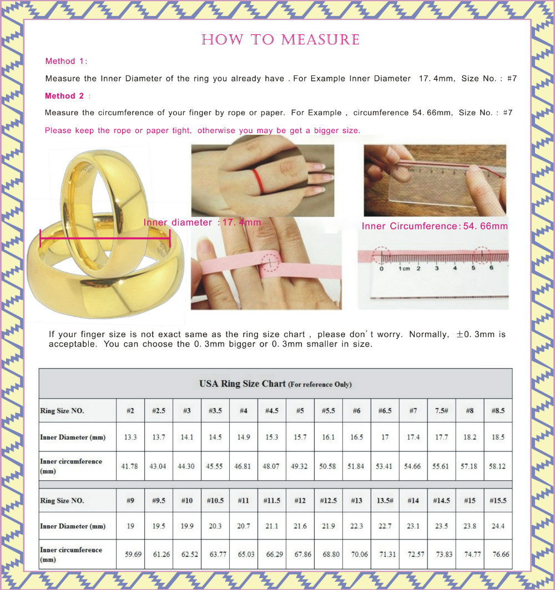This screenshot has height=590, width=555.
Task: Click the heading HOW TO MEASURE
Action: click(x=280, y=40)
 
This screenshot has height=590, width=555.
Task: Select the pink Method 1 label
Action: click(x=66, y=62)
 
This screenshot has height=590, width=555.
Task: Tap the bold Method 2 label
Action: click(x=64, y=96)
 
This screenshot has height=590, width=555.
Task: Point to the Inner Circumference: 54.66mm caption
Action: click(x=435, y=226)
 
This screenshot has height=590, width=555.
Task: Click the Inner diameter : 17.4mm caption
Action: click(x=202, y=222)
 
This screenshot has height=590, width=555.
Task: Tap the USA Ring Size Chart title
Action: click(x=275, y=384)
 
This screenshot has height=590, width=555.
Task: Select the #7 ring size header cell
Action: click(x=413, y=410)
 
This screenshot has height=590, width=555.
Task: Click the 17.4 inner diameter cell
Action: click(x=413, y=437)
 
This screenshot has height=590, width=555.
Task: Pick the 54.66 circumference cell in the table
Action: click(x=412, y=466)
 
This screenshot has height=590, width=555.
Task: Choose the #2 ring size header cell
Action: click(x=130, y=410)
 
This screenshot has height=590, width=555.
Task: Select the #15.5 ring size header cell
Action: click(x=498, y=500)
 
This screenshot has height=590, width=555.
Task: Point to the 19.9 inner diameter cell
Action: click(x=187, y=526)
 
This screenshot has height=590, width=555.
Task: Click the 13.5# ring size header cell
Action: click(x=385, y=500)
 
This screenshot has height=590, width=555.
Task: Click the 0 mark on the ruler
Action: click(x=381, y=268)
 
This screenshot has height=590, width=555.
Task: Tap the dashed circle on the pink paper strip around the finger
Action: click(x=270, y=262)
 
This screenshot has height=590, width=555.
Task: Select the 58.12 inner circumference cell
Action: click(x=497, y=466)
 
